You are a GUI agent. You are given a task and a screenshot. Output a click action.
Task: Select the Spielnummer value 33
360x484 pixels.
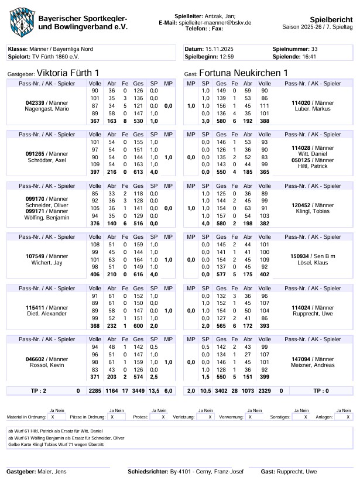point(314,50)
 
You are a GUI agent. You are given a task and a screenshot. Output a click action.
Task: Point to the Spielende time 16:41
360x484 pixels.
point(310,57)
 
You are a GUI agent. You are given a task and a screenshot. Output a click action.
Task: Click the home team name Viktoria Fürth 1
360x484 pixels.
point(67,73)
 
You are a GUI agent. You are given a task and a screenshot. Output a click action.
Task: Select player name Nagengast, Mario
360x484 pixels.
point(50,109)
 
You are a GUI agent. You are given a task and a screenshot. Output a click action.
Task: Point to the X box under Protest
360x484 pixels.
point(163,417)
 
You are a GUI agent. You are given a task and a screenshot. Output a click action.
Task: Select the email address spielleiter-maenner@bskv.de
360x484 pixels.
point(215,22)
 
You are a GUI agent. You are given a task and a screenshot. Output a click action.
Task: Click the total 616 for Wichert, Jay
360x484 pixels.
point(138,274)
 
